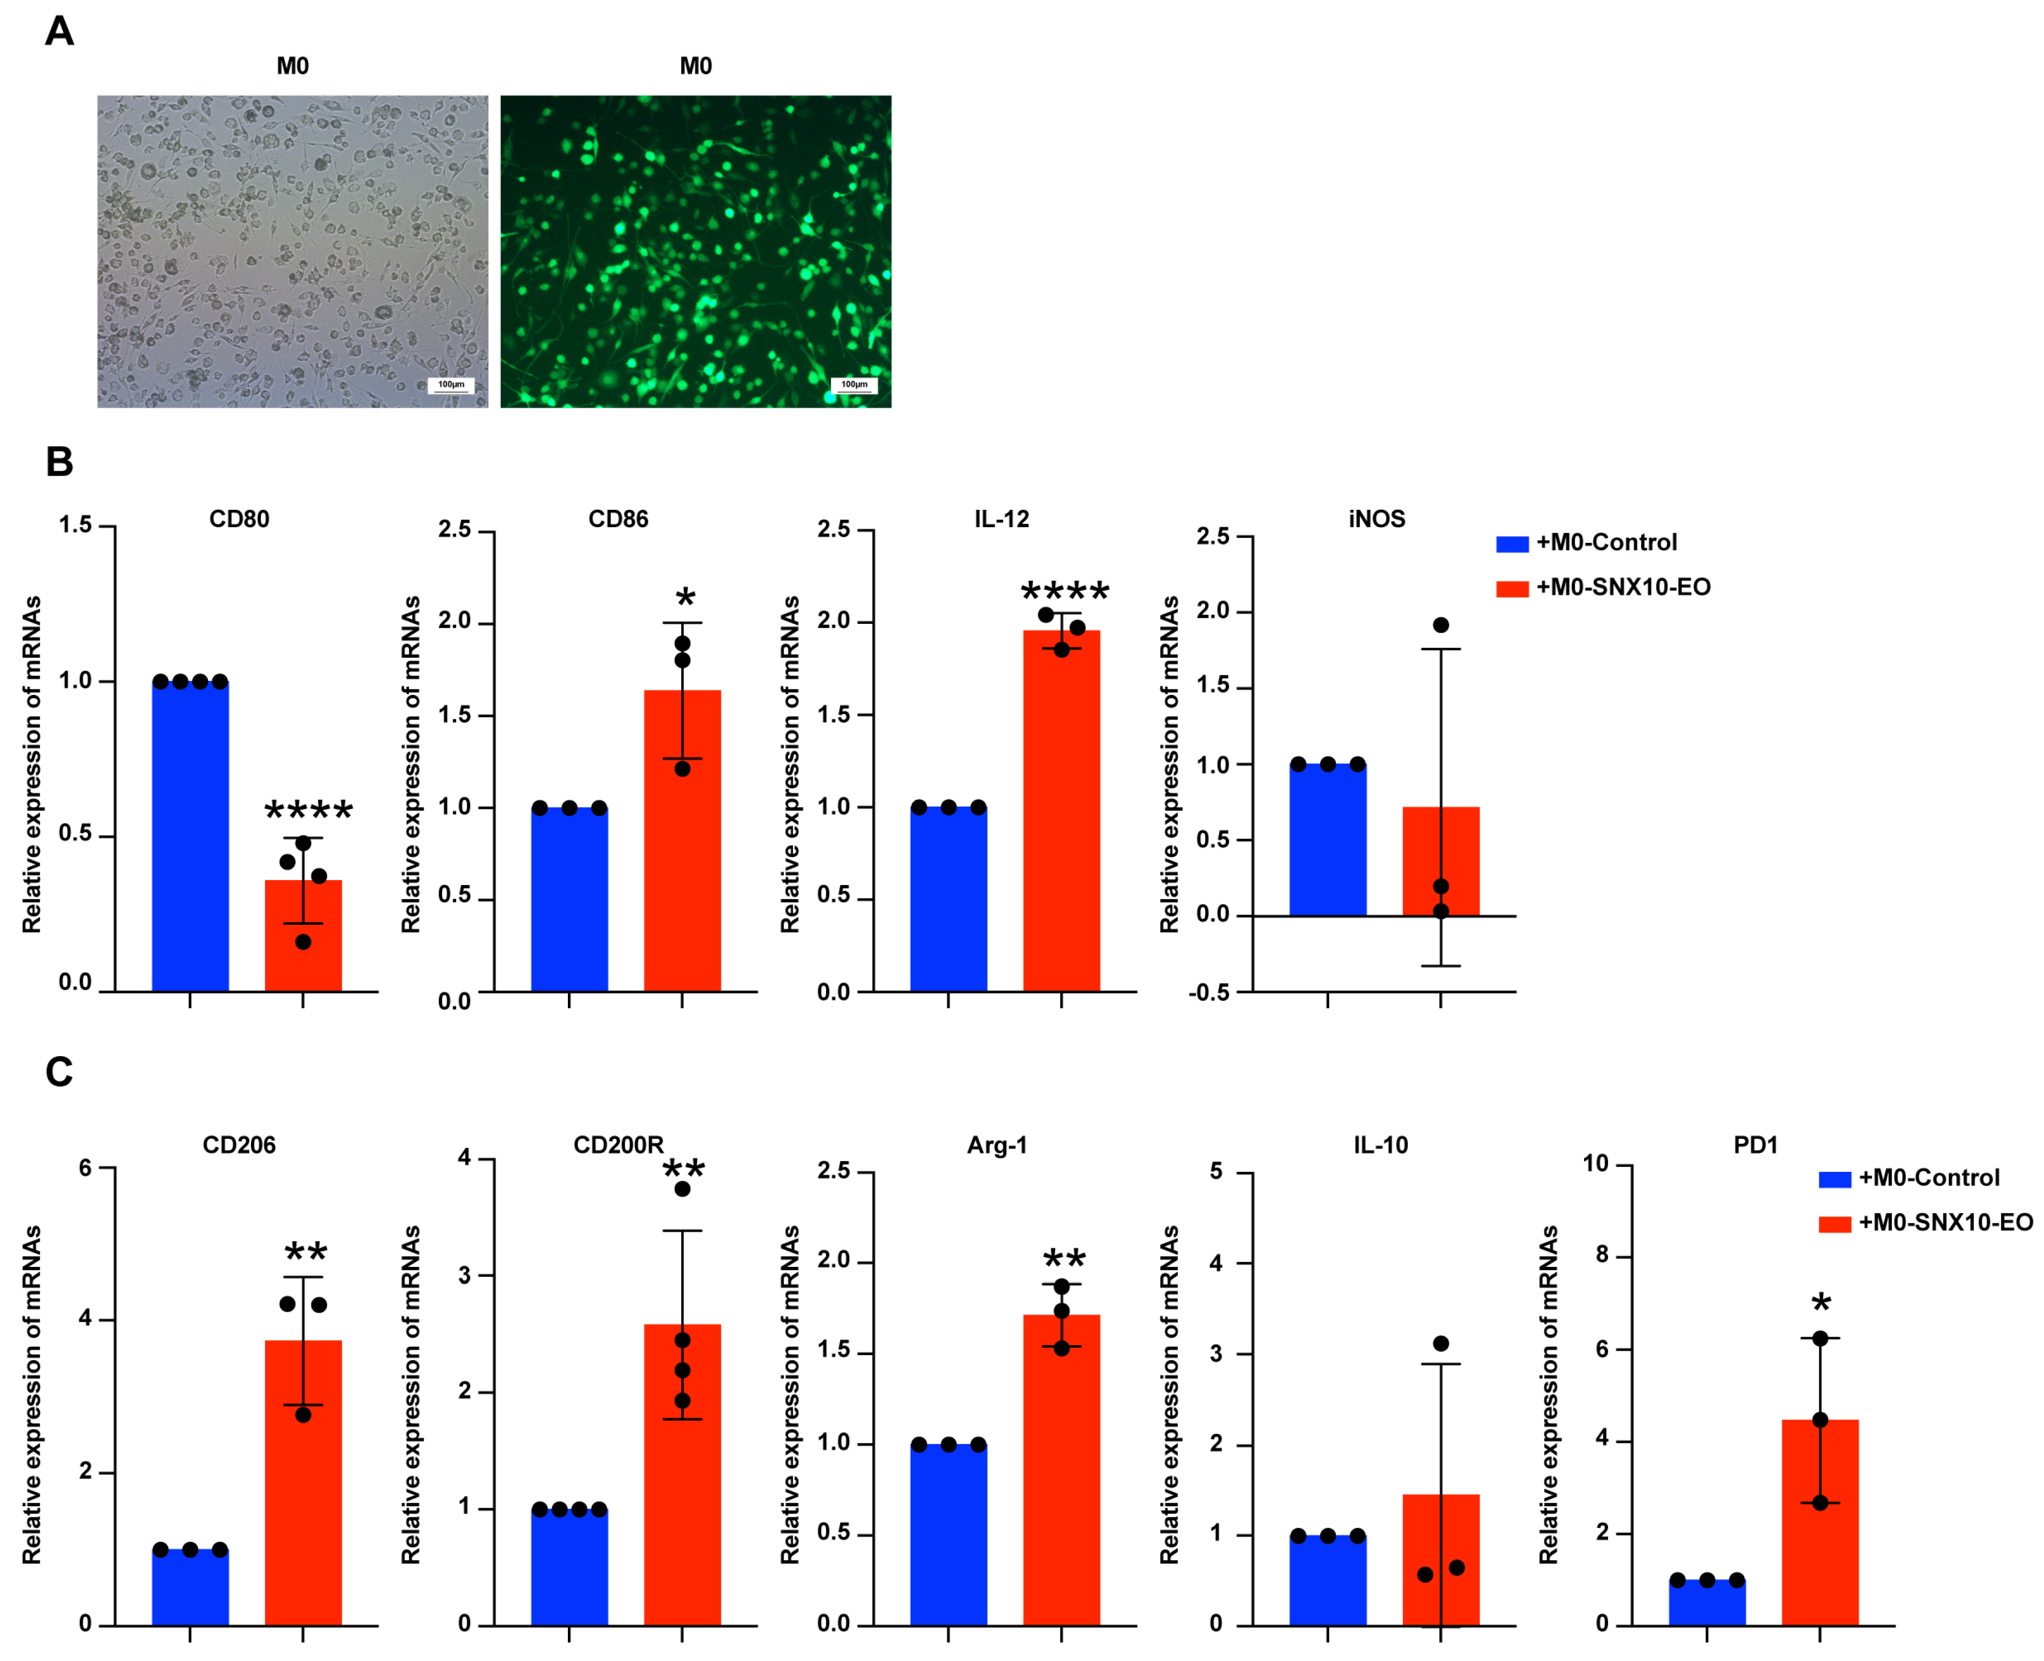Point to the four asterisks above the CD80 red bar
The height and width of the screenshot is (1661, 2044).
[308, 811]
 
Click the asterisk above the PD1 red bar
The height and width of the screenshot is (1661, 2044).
[1820, 1303]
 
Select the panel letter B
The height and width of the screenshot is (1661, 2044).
[59, 462]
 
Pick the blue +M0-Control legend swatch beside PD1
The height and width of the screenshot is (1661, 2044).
[1834, 1179]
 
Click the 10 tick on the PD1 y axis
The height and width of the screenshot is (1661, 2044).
[1595, 1163]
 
